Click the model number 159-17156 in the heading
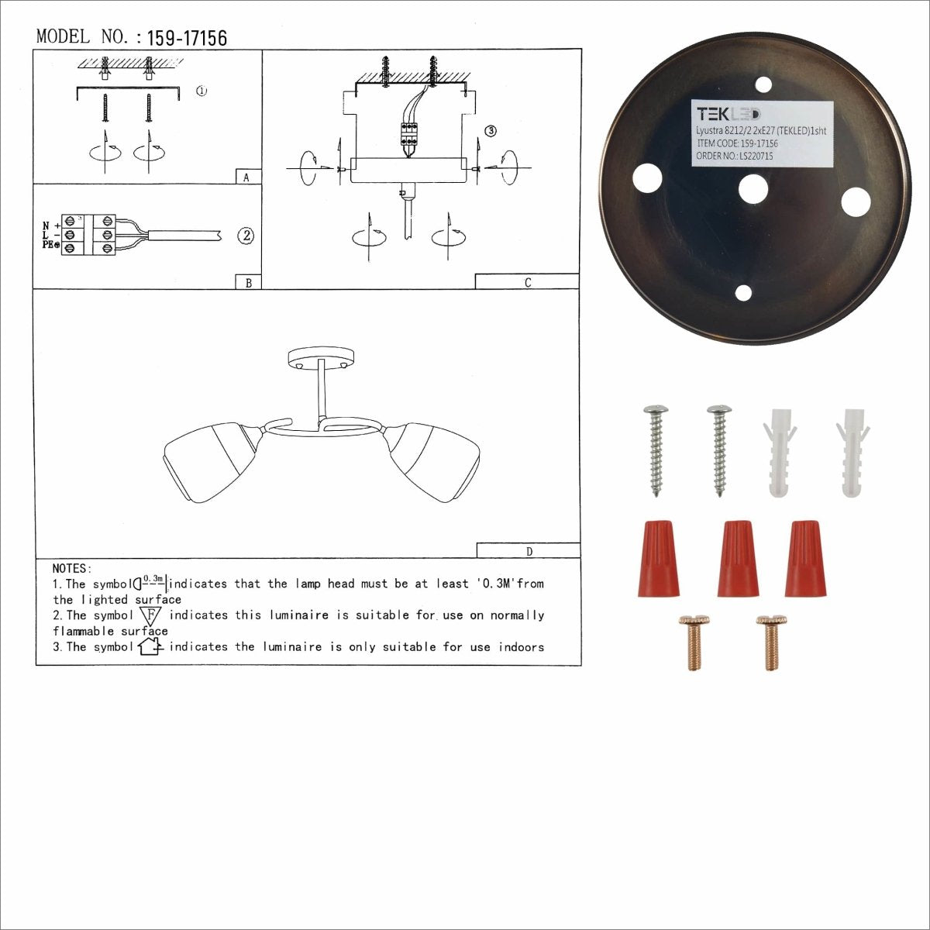click(x=187, y=38)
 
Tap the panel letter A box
click(x=247, y=177)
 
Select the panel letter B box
click(x=248, y=282)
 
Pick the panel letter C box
click(x=527, y=282)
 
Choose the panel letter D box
click(x=529, y=551)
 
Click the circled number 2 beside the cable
click(x=246, y=236)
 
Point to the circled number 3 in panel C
click(x=490, y=131)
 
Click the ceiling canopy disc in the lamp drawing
click(x=321, y=359)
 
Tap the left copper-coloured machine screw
click(x=693, y=642)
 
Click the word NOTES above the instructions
click(x=72, y=569)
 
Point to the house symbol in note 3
click(x=149, y=646)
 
